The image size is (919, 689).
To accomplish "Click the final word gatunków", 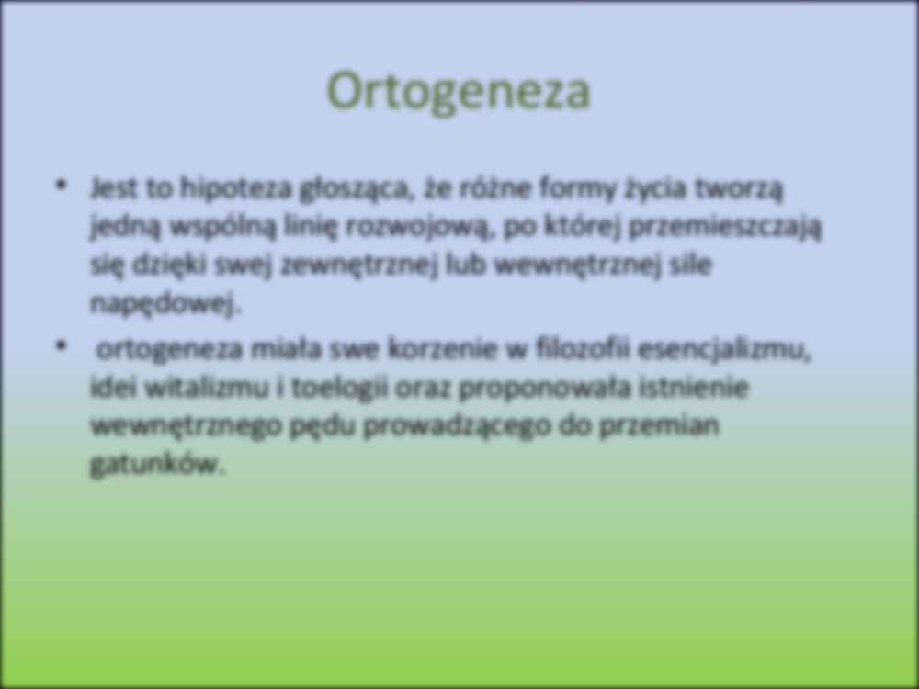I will tap(156, 465).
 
